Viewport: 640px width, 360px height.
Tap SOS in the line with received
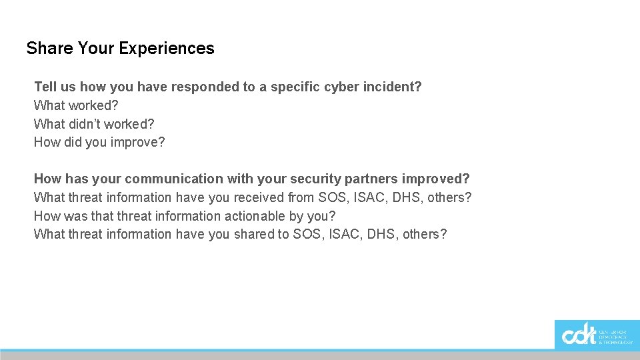(x=333, y=197)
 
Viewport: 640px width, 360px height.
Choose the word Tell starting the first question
(x=45, y=87)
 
